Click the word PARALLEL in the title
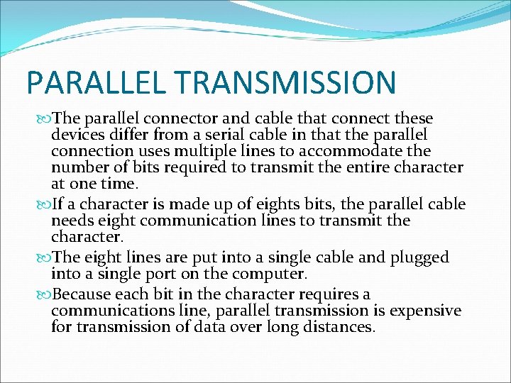pyautogui.click(x=93, y=82)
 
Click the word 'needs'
pyautogui.click(x=72, y=221)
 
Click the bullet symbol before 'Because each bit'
pyautogui.click(x=46, y=294)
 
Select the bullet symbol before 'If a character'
pyautogui.click(x=46, y=205)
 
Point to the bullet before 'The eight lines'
pyautogui.click(x=46, y=257)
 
